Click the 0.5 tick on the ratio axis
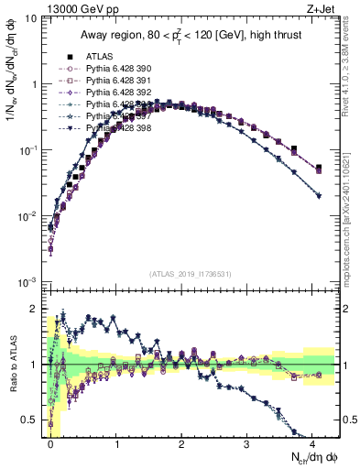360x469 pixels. click(x=33, y=420)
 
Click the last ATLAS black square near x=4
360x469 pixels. click(x=319, y=169)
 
